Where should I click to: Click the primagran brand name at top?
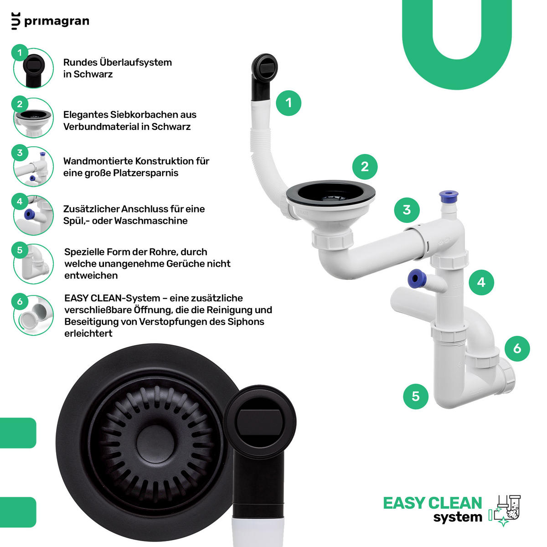(x=57, y=21)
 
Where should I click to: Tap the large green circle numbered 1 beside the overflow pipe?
(x=289, y=103)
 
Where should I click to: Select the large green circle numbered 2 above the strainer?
(x=365, y=167)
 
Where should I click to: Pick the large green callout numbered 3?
(x=407, y=210)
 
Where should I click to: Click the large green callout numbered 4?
(x=481, y=283)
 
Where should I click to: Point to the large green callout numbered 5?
(x=416, y=396)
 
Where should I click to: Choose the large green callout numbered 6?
(x=517, y=349)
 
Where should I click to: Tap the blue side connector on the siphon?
(x=416, y=279)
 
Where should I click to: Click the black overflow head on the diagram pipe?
(x=264, y=67)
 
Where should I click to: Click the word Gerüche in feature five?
(x=185, y=264)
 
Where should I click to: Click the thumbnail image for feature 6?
(x=33, y=315)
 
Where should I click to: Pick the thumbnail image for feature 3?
(x=33, y=166)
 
